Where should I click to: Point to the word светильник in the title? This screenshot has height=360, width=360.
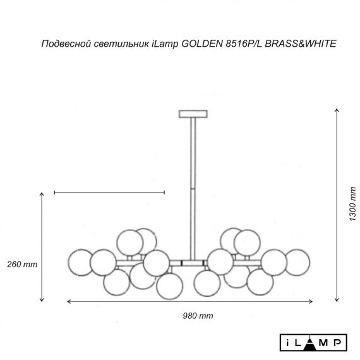pyautogui.click(x=118, y=45)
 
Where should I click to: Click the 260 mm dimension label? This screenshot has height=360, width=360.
pyautogui.click(x=21, y=263)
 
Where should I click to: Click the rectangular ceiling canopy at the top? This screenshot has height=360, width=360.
pyautogui.click(x=193, y=114)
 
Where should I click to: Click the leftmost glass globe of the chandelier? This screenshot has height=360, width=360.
pyautogui.click(x=80, y=261)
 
